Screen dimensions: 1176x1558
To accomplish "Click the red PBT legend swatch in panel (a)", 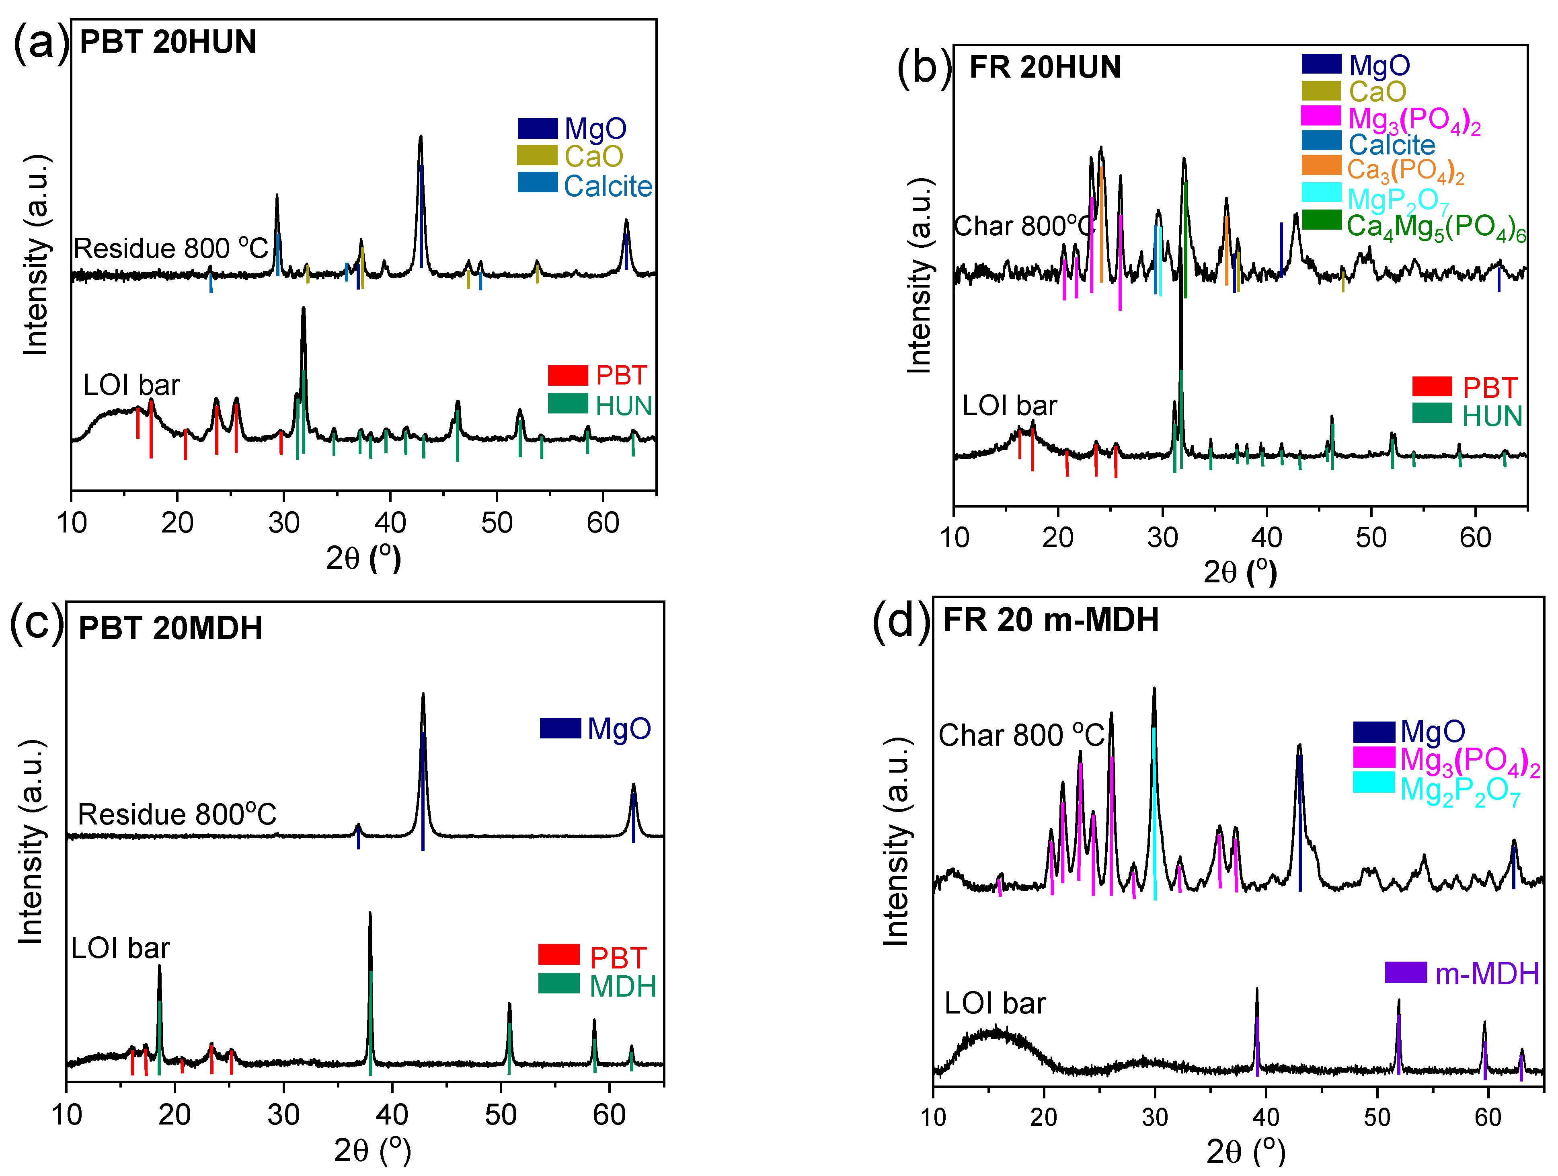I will [567, 375].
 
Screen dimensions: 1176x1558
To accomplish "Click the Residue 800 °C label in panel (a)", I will [171, 249].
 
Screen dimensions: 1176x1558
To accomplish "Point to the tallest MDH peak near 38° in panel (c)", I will [370, 916].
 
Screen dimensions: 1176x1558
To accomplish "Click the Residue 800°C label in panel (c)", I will [177, 814].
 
